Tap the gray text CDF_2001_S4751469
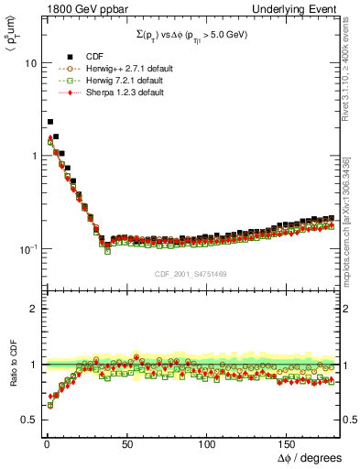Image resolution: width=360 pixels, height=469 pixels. (191, 274)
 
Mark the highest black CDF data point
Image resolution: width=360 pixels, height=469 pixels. (50, 121)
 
